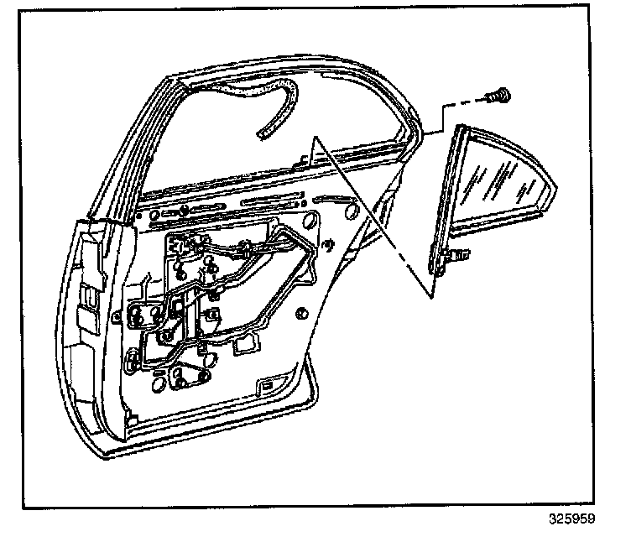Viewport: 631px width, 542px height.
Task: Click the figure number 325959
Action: [x=572, y=519]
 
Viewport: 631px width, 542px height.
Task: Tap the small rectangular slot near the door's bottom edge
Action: [x=265, y=385]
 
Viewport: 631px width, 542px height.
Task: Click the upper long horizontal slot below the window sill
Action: [x=269, y=202]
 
